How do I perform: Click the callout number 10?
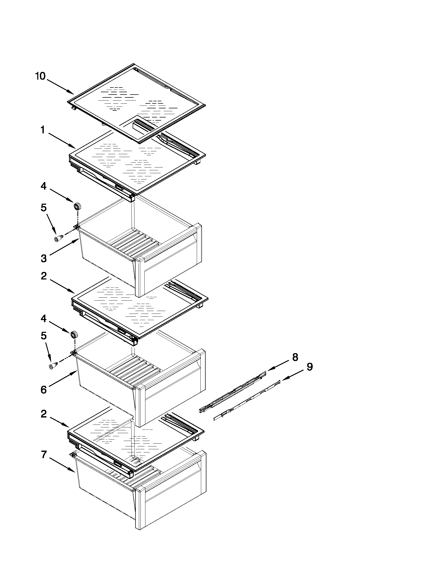pos(40,76)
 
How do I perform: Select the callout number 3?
pos(44,258)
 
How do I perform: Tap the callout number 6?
pos(44,390)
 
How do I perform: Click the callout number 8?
pos(295,357)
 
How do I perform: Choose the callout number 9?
pos(310,367)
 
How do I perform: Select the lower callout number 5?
pos(44,335)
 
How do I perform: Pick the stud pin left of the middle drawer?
pos(53,365)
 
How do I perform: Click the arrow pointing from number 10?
pos(60,87)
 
